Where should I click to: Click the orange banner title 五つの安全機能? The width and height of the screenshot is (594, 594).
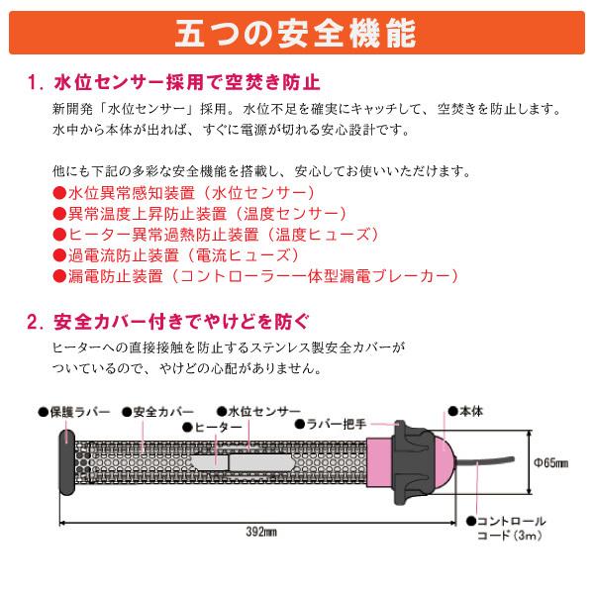click(297, 32)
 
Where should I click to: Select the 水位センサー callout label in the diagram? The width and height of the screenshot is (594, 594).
click(254, 410)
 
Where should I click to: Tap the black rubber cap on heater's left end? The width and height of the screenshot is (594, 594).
click(64, 462)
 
